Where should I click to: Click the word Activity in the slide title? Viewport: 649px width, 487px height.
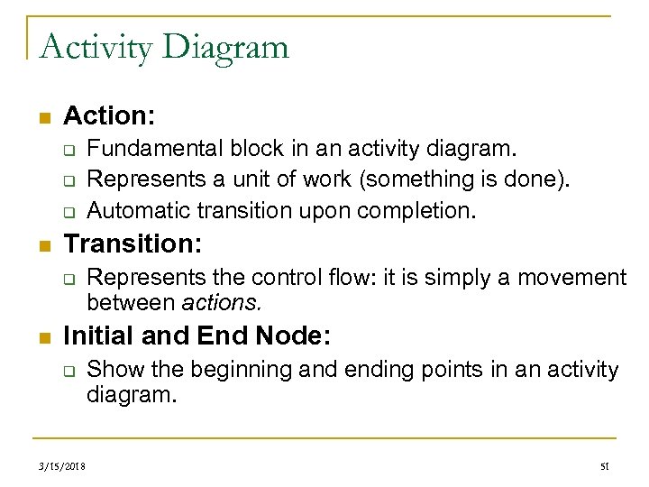click(95, 46)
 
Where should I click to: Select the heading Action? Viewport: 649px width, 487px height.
click(110, 116)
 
